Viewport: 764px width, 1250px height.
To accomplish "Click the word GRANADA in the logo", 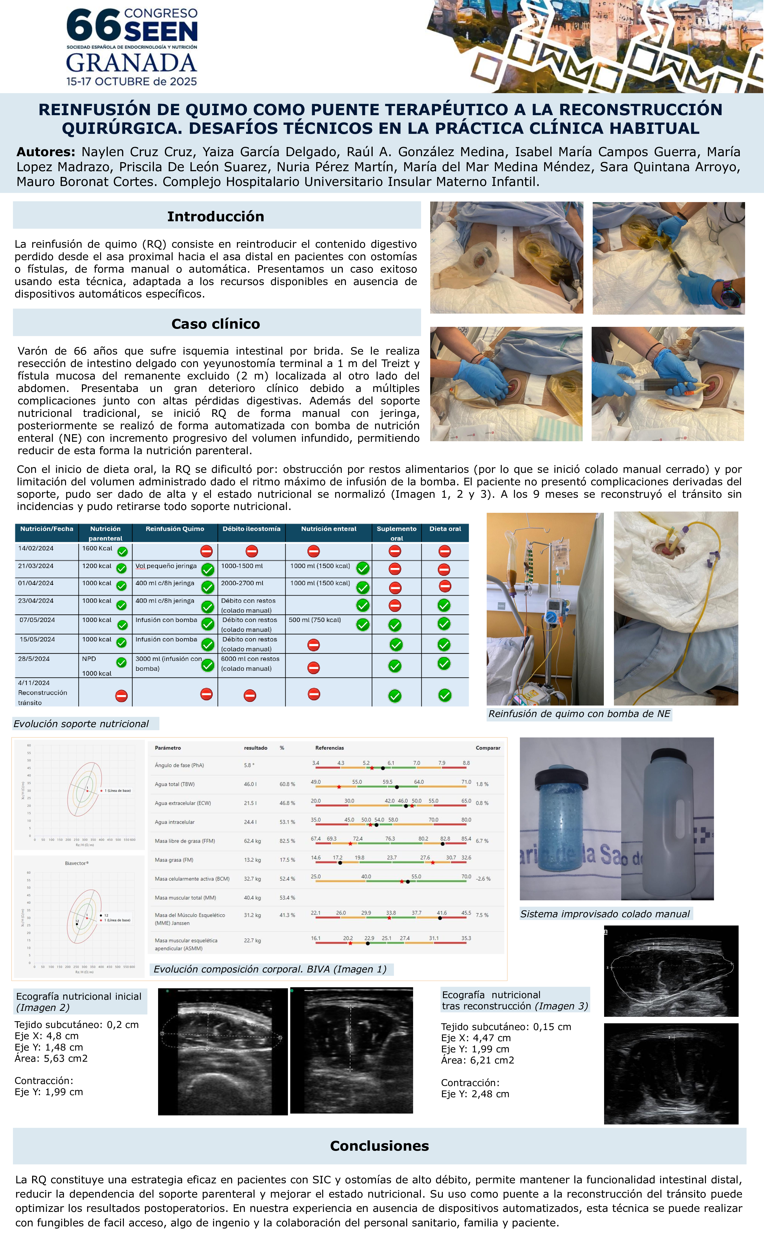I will [131, 63].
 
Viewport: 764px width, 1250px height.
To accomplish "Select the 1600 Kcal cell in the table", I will [97, 548].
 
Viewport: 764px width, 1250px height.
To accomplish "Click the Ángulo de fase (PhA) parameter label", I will [179, 765].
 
